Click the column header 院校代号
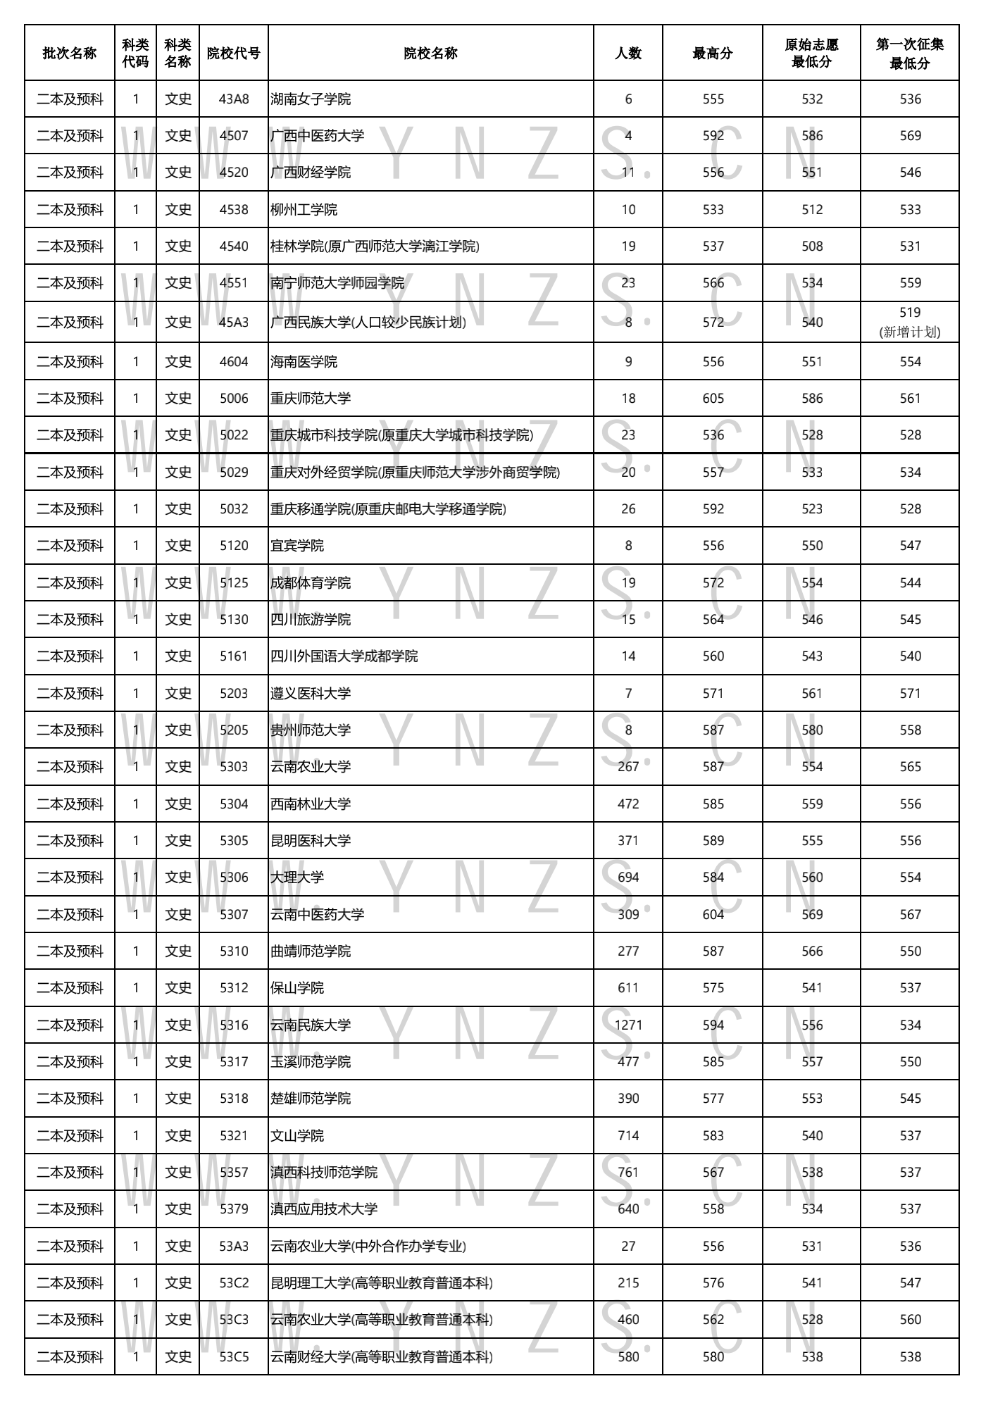click(x=233, y=54)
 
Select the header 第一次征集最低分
click(x=909, y=54)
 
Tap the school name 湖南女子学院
click(x=311, y=99)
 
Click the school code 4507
click(x=234, y=136)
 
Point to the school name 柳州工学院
click(x=304, y=210)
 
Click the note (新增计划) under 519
click(x=909, y=332)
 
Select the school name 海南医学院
click(x=304, y=362)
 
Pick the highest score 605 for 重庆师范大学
click(x=713, y=399)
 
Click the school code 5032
click(x=234, y=509)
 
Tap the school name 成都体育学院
click(x=311, y=583)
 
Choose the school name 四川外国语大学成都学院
click(x=344, y=656)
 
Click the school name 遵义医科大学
click(x=311, y=694)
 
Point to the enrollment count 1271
click(x=627, y=1025)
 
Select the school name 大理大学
click(x=297, y=878)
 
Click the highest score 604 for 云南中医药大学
click(x=713, y=915)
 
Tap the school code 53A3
click(x=234, y=1247)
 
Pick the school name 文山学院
click(x=297, y=1136)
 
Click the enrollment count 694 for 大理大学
click(x=627, y=878)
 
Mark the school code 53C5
click(x=234, y=1357)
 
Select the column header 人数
click(x=627, y=54)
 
